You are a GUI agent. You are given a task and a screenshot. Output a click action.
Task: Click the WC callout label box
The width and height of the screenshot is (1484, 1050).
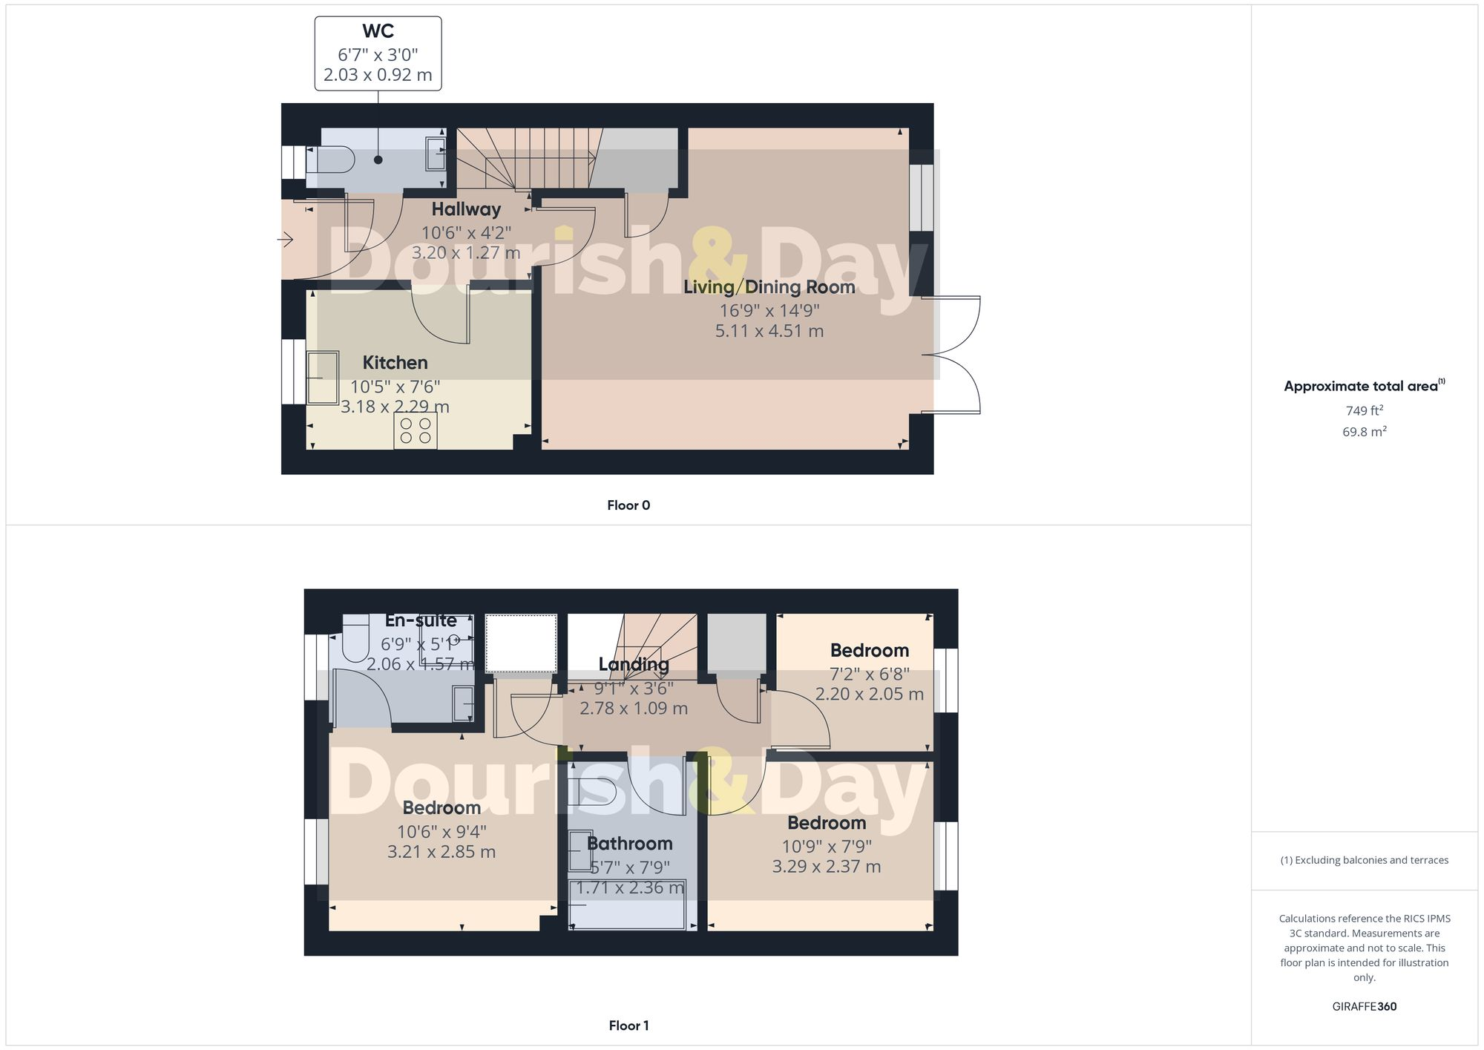coord(378,53)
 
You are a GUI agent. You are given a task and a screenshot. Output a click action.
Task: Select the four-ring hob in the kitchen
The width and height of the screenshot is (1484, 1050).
coord(416,430)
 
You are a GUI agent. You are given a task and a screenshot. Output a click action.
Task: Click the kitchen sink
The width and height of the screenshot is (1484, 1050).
coord(323,378)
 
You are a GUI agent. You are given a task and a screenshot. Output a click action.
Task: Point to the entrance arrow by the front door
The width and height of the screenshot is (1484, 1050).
coord(285,240)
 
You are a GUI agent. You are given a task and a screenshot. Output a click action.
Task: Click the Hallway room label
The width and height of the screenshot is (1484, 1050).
coord(466,209)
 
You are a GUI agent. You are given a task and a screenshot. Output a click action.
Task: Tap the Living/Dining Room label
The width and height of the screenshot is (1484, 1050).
coord(769,287)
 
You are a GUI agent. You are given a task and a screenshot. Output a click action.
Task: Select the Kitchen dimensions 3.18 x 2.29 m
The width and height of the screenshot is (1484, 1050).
coord(395,407)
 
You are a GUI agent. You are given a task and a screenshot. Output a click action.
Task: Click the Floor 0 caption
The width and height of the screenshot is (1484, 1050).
coord(628,505)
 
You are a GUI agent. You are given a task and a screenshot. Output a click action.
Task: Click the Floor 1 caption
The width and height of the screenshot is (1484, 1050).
coord(628,1026)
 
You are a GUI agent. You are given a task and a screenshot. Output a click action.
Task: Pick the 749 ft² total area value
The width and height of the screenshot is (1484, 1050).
coord(1364,410)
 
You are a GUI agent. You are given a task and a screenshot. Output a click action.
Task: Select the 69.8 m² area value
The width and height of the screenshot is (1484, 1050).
coord(1364,431)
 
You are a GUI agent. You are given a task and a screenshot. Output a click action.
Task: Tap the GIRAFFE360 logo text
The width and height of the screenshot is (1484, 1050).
coord(1364,1006)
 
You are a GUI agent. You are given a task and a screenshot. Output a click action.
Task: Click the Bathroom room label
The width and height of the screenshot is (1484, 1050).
coord(629,844)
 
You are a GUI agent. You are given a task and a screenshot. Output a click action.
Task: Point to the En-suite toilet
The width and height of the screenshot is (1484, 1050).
coord(356,640)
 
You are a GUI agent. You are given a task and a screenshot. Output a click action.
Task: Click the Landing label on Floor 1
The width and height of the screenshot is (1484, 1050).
coord(633,665)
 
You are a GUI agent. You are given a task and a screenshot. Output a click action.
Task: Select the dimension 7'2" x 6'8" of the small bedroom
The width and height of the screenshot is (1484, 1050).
coord(869,674)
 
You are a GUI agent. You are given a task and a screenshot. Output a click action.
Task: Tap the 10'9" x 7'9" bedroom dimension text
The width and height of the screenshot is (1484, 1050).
coord(827,846)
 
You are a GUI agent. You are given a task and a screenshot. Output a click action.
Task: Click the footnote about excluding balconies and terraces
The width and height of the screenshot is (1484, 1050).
coord(1364,860)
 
